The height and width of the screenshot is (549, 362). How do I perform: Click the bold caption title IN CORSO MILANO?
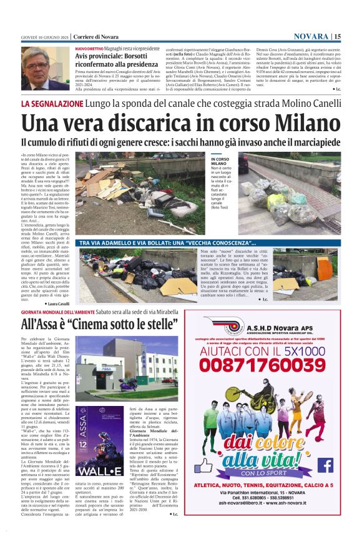coord(220,161)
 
